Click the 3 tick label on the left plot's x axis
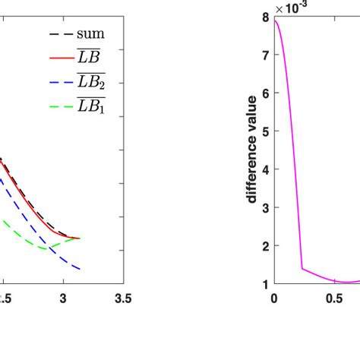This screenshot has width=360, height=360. pos(63,298)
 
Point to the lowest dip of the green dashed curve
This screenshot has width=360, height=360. pos(46,248)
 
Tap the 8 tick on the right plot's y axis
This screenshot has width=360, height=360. pos(265,17)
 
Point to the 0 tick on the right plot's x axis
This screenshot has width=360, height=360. pos(274,298)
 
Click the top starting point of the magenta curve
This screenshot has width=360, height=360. pos(274,21)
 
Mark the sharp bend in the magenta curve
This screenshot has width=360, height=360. pos(302,268)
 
